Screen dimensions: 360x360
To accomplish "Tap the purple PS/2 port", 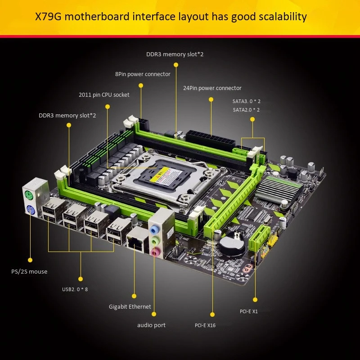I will coord(30,209).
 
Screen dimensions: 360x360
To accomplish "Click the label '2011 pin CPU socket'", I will coord(104,95).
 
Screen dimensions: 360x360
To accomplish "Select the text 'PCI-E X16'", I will coord(205,325).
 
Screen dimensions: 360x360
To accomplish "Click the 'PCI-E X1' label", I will coord(249,311).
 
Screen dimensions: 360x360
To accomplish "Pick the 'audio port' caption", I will coord(151,325).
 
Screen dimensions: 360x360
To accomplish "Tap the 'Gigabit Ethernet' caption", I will coord(130,307).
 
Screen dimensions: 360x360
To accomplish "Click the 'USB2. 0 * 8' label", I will coord(75,289).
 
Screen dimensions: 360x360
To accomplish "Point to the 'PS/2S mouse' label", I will coord(29,271).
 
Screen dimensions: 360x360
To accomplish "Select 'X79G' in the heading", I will coord(49,17).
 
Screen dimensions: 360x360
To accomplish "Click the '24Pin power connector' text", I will coord(212,88).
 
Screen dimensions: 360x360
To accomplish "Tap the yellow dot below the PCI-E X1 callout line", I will coord(255,299).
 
